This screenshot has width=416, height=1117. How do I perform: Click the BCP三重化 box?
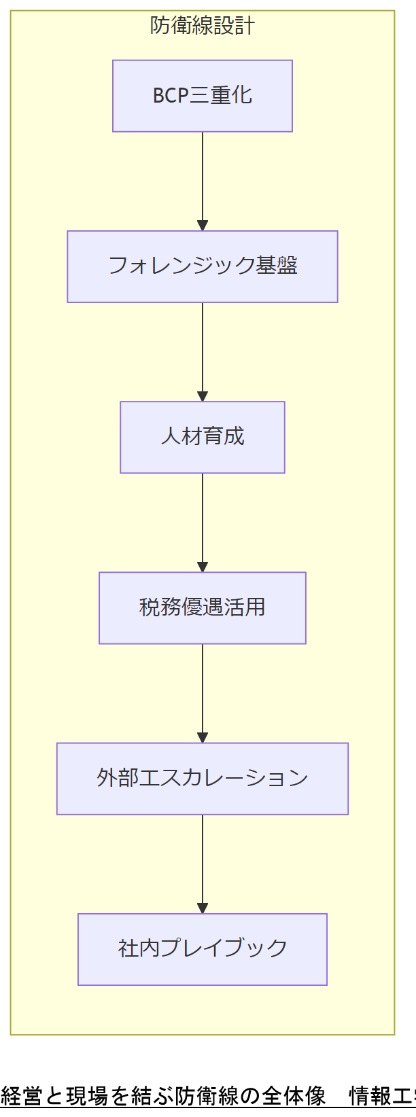[203, 96]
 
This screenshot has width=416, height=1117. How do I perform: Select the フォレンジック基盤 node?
[203, 266]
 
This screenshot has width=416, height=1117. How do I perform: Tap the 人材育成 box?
[203, 437]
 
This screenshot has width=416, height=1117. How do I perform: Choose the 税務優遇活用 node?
[203, 607]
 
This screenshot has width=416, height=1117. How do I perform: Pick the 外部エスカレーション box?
[203, 778]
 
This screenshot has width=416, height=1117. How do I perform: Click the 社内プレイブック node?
[203, 948]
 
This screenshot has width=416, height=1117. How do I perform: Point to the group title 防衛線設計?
[203, 26]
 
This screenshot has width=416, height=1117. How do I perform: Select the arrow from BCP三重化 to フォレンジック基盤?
[203, 181]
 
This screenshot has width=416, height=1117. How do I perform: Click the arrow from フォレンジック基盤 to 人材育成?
[203, 351]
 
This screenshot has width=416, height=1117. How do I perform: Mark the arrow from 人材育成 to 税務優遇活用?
[203, 522]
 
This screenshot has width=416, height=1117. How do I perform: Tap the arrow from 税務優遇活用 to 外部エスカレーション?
[203, 692]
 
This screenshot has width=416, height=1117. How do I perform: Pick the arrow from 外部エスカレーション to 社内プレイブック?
[203, 863]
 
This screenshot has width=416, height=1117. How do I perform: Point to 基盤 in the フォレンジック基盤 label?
[277, 266]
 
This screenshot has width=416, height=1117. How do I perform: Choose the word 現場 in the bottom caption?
[87, 1096]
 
